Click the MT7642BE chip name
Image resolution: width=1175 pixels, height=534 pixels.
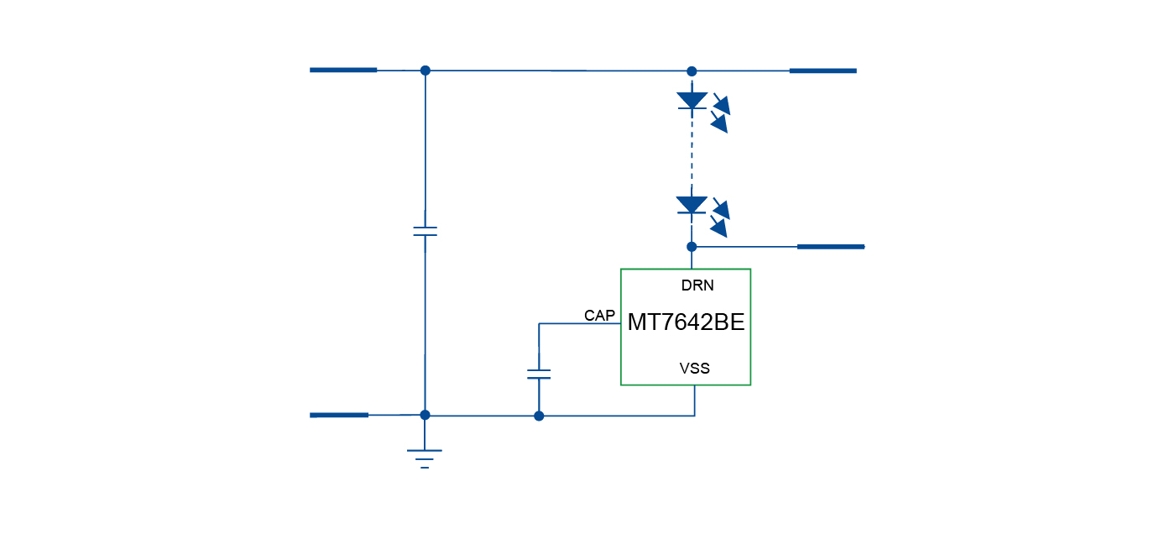click(686, 323)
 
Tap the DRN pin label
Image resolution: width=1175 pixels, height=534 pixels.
click(697, 285)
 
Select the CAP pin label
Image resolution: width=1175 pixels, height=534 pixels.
click(600, 316)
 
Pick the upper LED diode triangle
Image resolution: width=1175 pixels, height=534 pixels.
click(692, 101)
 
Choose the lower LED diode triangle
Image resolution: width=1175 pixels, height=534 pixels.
click(692, 205)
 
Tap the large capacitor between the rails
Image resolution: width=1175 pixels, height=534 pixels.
click(426, 231)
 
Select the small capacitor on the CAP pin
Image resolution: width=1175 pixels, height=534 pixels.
click(539, 374)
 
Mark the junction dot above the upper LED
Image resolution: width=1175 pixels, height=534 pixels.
click(692, 71)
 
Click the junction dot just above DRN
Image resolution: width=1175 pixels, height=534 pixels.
click(692, 247)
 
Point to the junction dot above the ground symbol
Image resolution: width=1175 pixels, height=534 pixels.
click(425, 415)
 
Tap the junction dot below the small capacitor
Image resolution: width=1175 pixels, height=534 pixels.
click(539, 416)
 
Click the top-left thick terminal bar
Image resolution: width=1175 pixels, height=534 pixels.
click(343, 70)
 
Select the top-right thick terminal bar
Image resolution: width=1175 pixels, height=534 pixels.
click(822, 71)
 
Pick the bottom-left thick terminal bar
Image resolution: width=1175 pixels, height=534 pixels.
click(339, 415)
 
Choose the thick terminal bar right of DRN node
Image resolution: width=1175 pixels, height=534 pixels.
click(830, 247)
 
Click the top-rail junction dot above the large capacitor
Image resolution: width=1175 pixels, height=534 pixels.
click(426, 71)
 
